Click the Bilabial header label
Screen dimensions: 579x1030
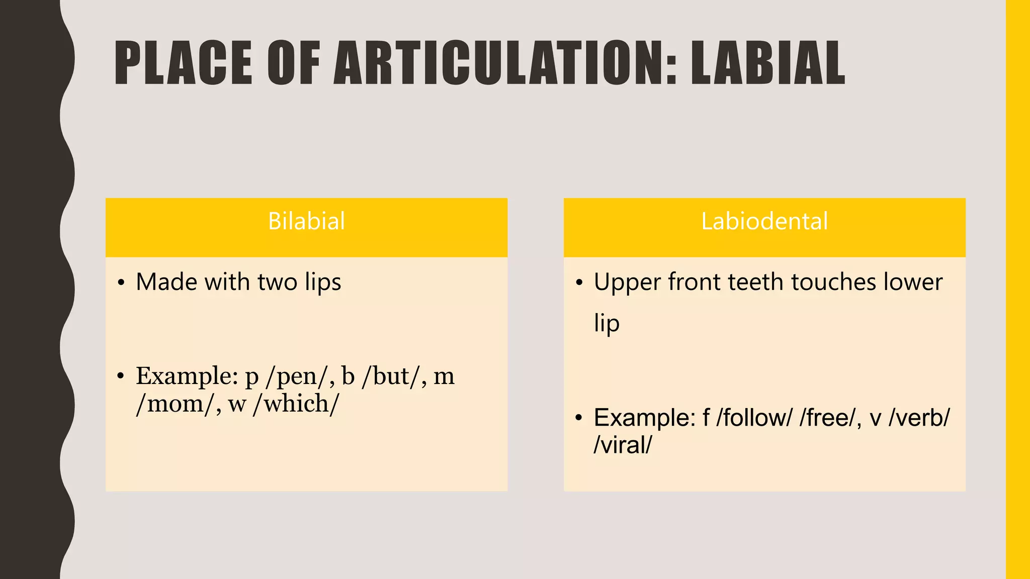(x=306, y=221)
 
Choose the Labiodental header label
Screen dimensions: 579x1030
(x=764, y=221)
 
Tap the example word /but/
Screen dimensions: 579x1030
(x=390, y=376)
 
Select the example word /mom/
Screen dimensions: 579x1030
(x=175, y=404)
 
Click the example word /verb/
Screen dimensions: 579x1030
(x=919, y=418)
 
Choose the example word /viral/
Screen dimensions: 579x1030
(x=623, y=445)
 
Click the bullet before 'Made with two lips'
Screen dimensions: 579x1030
(x=121, y=283)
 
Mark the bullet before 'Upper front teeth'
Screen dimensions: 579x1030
(x=579, y=283)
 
